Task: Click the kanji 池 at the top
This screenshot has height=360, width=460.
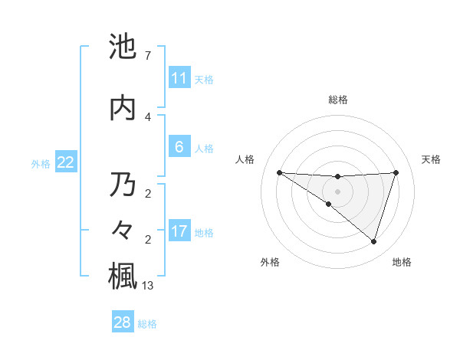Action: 123,48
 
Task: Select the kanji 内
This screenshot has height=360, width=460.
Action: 123,108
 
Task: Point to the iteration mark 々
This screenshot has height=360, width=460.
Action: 123,231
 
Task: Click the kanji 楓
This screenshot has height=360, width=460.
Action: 123,276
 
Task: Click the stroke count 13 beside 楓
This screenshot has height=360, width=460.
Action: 149,286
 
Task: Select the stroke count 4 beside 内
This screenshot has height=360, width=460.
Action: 148,116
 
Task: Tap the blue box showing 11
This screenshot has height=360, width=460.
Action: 179,78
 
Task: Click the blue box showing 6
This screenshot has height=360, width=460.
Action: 179,147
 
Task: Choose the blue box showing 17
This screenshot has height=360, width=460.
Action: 179,231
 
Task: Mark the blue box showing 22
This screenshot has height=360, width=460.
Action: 66,162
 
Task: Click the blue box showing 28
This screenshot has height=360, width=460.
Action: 123,322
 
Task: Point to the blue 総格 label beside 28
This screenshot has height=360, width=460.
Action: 147,324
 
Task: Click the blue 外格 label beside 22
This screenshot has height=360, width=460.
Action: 41,163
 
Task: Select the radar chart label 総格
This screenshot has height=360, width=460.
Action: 337,100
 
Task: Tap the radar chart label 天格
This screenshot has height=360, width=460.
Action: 431,159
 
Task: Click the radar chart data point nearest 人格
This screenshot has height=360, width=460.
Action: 279,172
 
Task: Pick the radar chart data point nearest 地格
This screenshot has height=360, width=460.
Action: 373,242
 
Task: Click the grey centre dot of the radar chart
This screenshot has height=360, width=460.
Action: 337,190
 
